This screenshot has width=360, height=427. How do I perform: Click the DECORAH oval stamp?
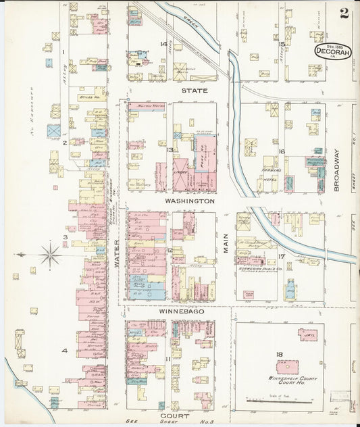click(332, 51)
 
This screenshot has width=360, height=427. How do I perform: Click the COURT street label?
click(170, 416)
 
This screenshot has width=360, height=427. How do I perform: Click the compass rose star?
click(49, 255)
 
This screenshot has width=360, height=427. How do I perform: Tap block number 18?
click(278, 354)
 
